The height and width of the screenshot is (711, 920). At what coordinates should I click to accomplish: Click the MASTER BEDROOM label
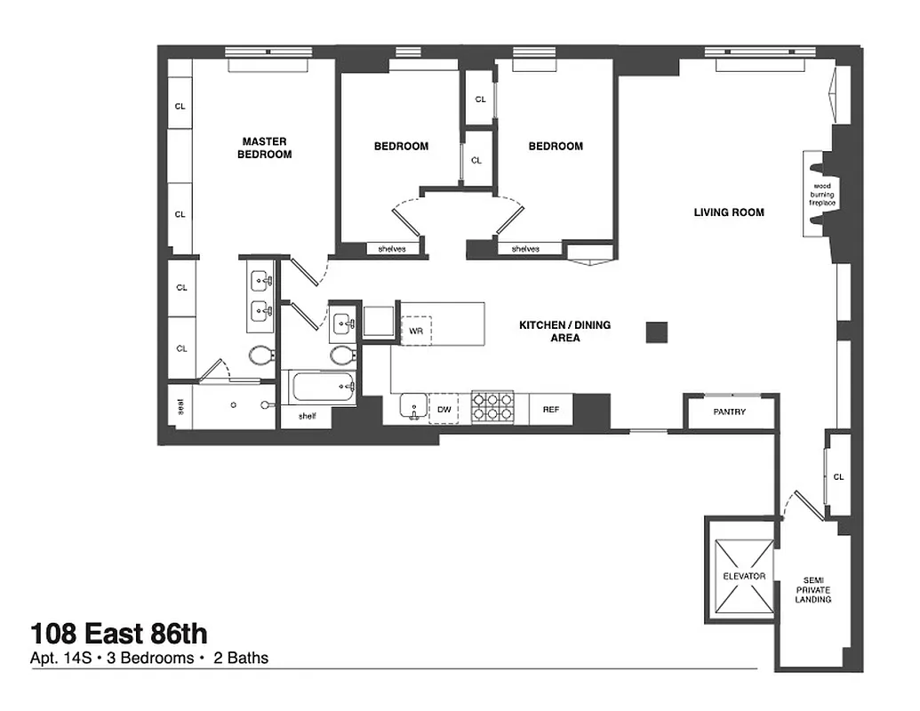coord(264,148)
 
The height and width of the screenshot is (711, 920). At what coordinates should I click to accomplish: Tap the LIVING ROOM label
coord(729,212)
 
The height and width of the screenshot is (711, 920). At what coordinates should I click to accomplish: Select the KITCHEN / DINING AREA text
coord(564,332)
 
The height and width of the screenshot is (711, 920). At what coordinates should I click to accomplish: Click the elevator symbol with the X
coord(742,576)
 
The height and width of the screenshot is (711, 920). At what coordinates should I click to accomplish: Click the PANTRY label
coord(729,412)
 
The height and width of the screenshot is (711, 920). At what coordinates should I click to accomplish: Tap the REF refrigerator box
coord(551,410)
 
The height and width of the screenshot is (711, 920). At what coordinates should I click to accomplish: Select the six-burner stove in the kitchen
coord(492,408)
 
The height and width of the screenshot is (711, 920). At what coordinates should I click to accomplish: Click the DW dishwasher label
coord(444,410)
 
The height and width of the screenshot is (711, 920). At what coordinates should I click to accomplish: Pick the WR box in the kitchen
coord(415,332)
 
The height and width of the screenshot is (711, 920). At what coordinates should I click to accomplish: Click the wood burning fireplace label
coord(822,194)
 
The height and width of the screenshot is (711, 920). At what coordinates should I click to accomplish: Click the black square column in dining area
coord(657,332)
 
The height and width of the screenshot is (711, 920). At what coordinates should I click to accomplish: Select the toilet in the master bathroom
coord(260,355)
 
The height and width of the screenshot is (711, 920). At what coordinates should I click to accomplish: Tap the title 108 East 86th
coord(119,634)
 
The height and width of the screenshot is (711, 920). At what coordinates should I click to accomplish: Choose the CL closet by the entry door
coord(838,477)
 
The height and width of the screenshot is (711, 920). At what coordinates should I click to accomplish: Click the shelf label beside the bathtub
coord(307,415)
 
